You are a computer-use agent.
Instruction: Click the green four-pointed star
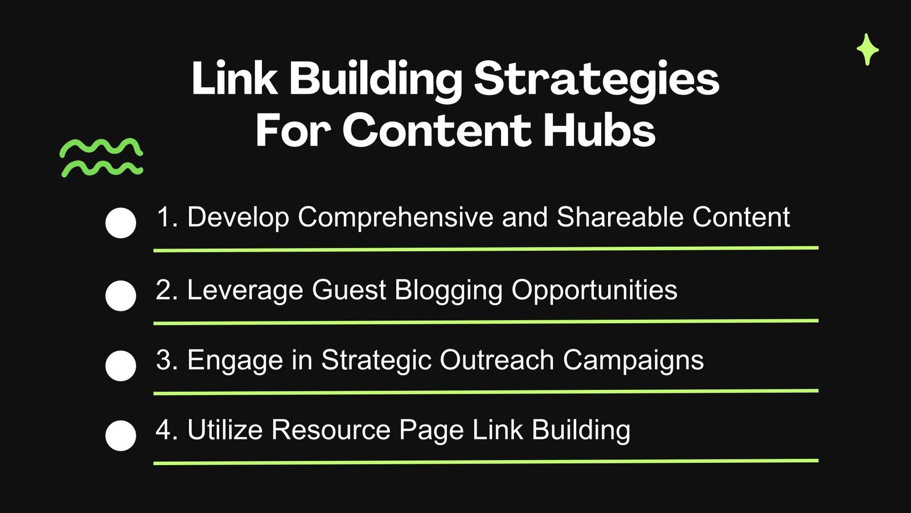click(x=868, y=50)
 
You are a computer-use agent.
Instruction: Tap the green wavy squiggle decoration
click(x=101, y=157)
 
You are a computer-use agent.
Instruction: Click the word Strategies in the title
click(x=597, y=79)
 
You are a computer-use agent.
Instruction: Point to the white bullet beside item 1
click(x=121, y=223)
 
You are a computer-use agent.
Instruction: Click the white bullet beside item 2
click(x=121, y=296)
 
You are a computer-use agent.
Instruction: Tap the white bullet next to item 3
click(x=121, y=365)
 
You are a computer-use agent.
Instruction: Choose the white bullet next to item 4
click(x=121, y=435)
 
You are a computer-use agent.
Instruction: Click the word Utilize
click(x=225, y=430)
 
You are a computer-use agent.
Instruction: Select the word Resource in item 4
click(x=331, y=430)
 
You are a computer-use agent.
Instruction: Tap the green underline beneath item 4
click(x=486, y=462)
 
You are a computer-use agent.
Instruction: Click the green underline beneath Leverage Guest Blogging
click(x=486, y=322)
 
